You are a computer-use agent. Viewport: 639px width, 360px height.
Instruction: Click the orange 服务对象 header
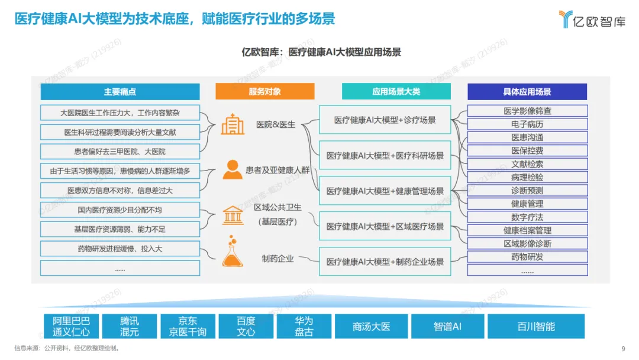coord(265,91)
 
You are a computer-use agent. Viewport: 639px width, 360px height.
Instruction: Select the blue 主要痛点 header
coord(120,92)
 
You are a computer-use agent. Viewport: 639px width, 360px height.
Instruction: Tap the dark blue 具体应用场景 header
coord(527,92)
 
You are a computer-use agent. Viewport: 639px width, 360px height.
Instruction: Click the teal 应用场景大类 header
coord(396,91)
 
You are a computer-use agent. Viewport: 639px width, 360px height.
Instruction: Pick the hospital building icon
coord(233,124)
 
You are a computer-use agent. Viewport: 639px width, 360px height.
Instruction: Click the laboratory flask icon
coord(232,253)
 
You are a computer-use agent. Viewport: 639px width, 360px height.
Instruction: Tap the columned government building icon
coord(232,215)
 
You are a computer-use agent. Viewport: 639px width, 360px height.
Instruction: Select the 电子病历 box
coord(527,124)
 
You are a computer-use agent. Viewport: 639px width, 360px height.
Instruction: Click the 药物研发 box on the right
coord(527,257)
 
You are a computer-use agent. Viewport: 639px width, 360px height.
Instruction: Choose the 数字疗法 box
coord(527,217)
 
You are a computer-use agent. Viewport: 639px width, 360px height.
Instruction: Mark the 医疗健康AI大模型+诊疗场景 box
coord(385,120)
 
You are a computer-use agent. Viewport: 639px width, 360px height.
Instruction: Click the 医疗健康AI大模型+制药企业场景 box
coord(385,261)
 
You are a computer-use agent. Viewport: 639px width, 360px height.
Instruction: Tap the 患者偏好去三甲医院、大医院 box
coord(120,152)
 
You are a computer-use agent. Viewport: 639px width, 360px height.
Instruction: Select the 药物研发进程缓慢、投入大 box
coord(120,249)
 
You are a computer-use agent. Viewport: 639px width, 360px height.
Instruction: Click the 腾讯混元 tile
coord(130,326)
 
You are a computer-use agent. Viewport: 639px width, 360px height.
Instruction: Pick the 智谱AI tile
coord(447,326)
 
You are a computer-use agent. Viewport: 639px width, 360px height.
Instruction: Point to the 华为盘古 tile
coord(304,326)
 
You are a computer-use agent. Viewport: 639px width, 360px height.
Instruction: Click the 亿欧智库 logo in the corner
coord(592,20)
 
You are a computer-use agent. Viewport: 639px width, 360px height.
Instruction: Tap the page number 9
coord(623,348)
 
